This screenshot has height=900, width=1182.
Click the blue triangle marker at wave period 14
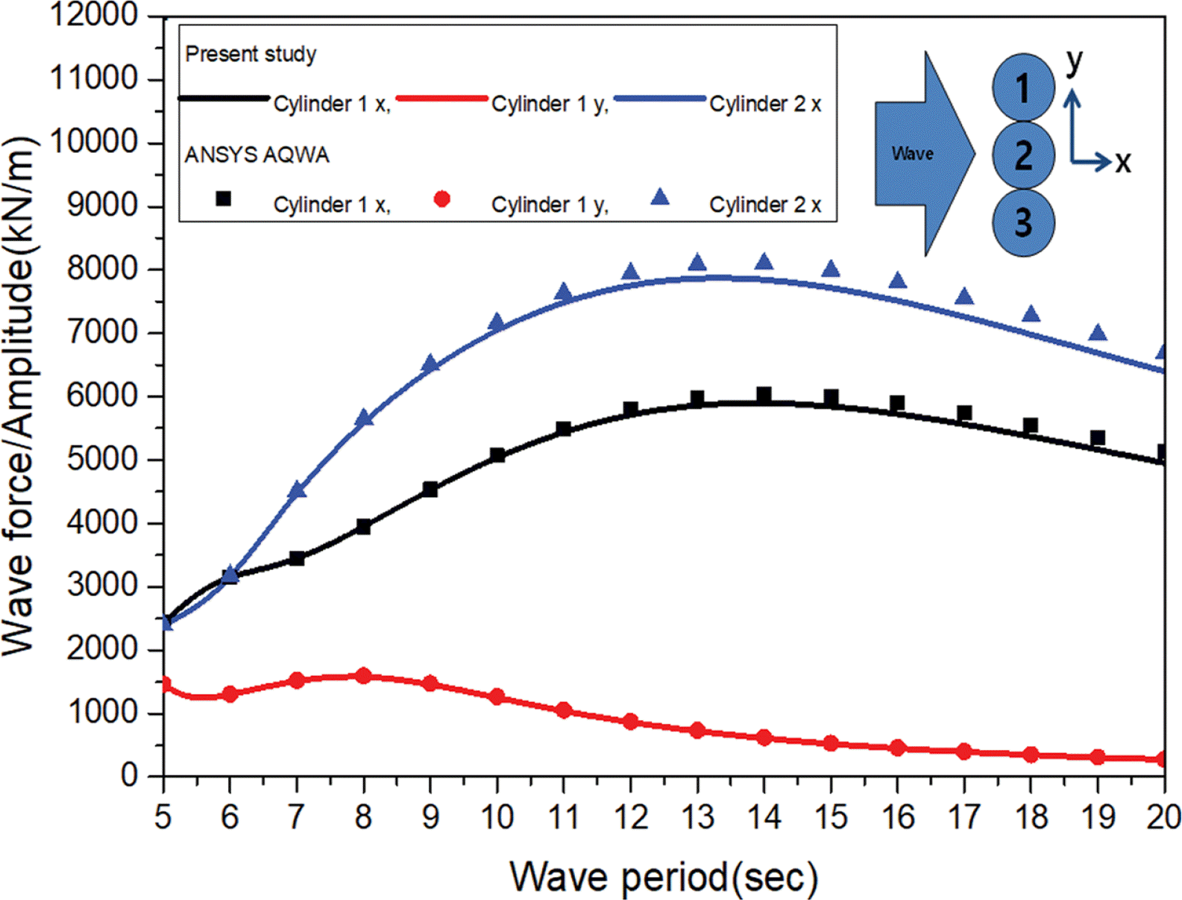[764, 262]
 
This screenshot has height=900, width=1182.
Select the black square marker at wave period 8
[364, 527]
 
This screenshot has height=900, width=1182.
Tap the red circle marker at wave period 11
[564, 710]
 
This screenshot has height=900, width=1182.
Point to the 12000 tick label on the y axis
[94, 15]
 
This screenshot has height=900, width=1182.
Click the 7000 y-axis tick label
[103, 333]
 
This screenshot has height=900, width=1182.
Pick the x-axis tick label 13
[697, 817]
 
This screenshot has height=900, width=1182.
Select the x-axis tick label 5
[163, 817]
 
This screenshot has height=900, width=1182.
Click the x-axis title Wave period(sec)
[664, 877]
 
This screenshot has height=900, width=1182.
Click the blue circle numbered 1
[1023, 88]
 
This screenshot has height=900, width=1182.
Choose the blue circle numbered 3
[1023, 222]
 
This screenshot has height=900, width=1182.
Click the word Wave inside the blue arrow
[912, 154]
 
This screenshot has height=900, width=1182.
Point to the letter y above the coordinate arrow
[1074, 61]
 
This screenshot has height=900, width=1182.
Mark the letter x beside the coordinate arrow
[1123, 161]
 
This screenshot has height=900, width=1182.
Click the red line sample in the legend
[441, 98]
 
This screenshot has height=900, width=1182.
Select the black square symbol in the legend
[223, 199]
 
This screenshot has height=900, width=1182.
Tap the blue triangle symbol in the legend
[660, 197]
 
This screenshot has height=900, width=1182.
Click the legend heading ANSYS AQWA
[257, 155]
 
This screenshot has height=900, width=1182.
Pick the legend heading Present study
[251, 54]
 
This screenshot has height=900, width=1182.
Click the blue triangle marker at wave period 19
[1097, 333]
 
